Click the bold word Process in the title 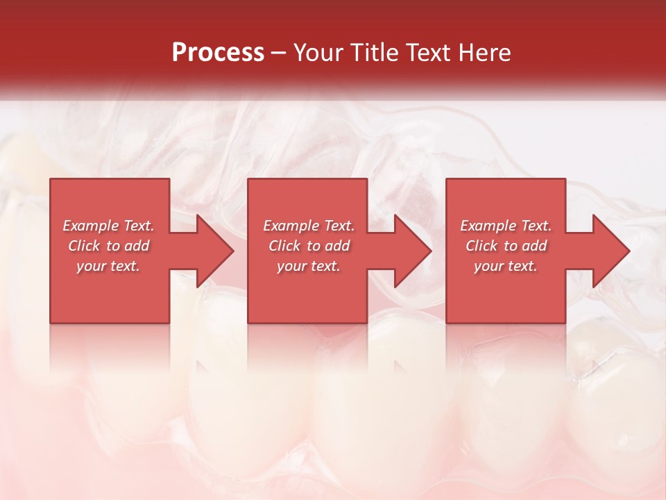pyautogui.click(x=218, y=53)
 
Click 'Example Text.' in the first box pyautogui.click(x=109, y=226)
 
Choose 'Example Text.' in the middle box pyautogui.click(x=309, y=226)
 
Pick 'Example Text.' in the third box pyautogui.click(x=506, y=226)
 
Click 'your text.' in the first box pyautogui.click(x=108, y=266)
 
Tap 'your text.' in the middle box pyautogui.click(x=308, y=266)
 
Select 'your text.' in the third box pyautogui.click(x=505, y=266)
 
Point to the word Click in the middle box pyautogui.click(x=284, y=246)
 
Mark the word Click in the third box pyautogui.click(x=481, y=246)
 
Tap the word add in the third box pyautogui.click(x=533, y=246)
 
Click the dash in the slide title pyautogui.click(x=279, y=53)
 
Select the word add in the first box pyautogui.click(x=137, y=246)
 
